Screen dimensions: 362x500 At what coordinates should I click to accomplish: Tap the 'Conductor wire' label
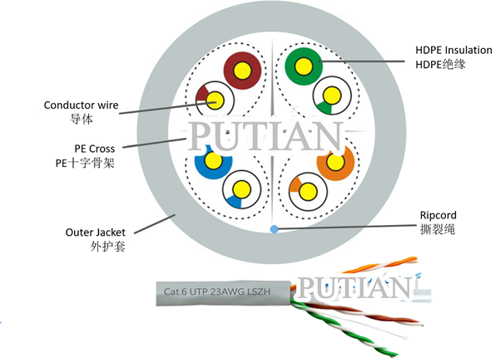click(82, 105)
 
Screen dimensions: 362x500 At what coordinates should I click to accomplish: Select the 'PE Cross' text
click(93, 149)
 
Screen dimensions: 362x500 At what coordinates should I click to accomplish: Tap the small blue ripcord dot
click(273, 228)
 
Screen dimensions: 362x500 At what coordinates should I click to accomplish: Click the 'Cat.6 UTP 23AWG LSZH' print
click(220, 292)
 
